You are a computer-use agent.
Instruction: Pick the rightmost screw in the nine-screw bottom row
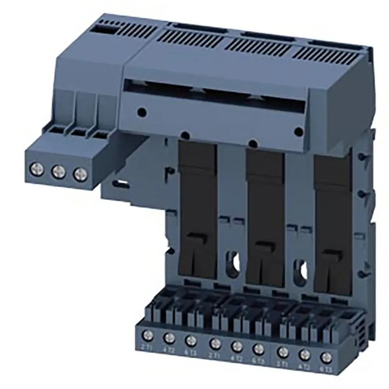click(x=325, y=357)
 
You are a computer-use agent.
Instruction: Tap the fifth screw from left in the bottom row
click(x=237, y=345)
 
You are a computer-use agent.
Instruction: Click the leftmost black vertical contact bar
click(x=198, y=210)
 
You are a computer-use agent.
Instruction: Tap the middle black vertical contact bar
click(x=265, y=218)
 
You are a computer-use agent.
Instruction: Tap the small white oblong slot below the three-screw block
click(x=121, y=182)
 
